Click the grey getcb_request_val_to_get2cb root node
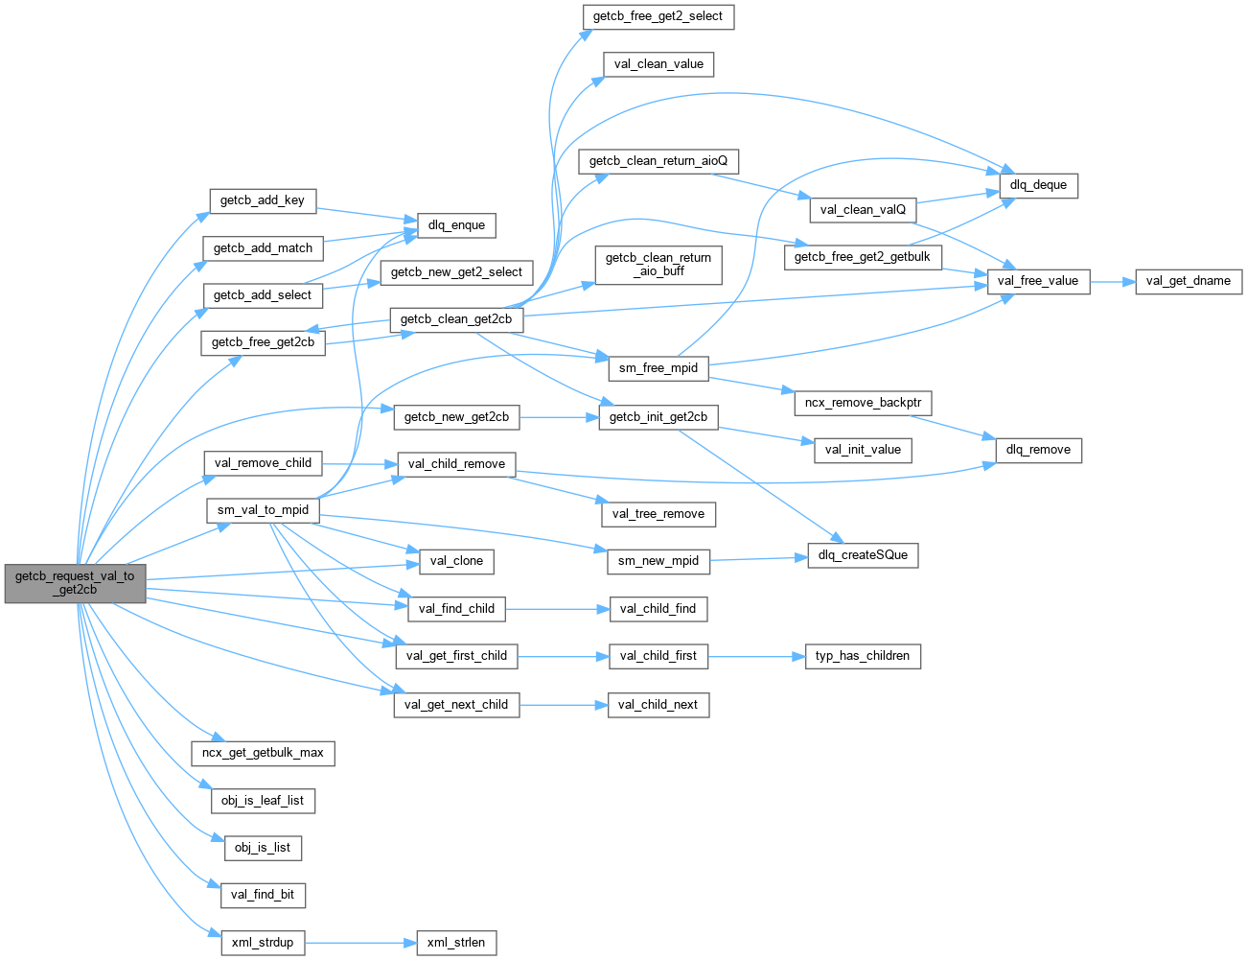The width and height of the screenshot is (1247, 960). (x=75, y=583)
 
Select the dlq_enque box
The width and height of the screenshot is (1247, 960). (x=456, y=225)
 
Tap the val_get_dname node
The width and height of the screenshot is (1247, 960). (x=1189, y=281)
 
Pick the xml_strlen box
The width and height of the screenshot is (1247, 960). (x=456, y=943)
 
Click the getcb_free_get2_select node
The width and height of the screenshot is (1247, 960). (x=658, y=16)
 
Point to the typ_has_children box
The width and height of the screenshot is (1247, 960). (x=863, y=656)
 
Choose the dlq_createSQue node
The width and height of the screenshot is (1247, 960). (x=863, y=555)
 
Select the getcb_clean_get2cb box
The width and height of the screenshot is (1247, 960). (x=456, y=319)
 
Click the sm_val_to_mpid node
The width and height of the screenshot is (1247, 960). (x=263, y=510)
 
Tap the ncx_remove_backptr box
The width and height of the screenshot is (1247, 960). (x=863, y=403)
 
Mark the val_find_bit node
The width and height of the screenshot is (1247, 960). (x=263, y=895)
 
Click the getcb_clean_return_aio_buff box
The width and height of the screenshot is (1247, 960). (x=658, y=264)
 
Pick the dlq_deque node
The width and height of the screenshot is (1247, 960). (x=1038, y=185)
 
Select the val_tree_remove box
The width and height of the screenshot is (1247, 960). (x=658, y=514)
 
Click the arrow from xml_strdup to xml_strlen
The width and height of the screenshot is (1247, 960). (x=360, y=943)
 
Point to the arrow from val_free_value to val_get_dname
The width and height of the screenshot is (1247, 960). (x=1112, y=282)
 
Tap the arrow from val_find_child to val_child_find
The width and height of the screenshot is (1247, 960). (x=557, y=609)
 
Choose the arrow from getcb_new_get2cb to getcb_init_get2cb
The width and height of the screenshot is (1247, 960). (x=559, y=417)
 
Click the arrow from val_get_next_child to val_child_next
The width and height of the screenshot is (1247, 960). (x=564, y=705)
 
